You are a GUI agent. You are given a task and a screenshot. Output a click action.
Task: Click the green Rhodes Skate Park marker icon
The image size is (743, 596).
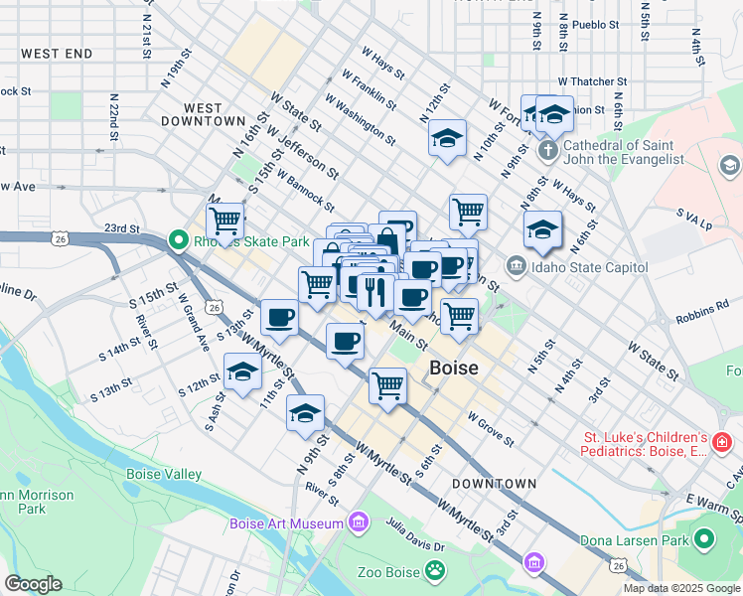[x=179, y=240]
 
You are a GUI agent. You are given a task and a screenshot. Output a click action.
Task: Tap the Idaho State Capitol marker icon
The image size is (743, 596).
[x=516, y=266]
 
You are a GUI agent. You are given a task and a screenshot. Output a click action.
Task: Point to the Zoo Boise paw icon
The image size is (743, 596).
[x=434, y=569]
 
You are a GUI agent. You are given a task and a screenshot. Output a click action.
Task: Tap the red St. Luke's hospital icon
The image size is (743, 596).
[x=722, y=440]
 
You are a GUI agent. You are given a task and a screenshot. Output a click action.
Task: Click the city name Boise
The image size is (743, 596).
[x=453, y=368]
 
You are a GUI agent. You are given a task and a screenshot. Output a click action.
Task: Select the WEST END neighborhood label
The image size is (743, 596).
[x=57, y=54]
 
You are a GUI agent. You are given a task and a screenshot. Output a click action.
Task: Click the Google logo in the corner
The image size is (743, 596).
[x=33, y=584]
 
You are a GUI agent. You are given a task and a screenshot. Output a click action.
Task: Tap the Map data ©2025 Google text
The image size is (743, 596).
[x=680, y=588]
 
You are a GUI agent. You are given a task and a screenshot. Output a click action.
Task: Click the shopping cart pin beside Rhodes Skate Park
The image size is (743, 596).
[x=225, y=221]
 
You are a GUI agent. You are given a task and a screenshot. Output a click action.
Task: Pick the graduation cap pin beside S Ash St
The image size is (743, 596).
[x=241, y=373]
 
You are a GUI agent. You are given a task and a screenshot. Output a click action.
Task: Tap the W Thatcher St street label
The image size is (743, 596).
[x=592, y=81]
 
